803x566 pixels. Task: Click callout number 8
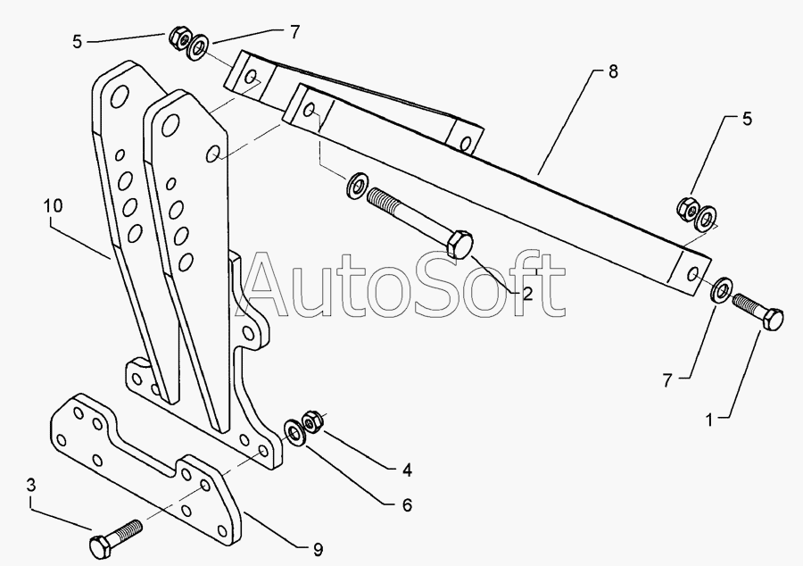coord(612,71)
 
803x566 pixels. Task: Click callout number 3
coord(32,486)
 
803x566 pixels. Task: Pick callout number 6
coord(407,505)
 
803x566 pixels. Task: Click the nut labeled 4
coord(312,419)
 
